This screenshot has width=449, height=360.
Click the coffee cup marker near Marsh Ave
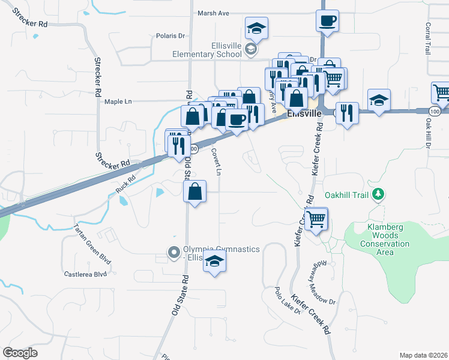coord(328,20)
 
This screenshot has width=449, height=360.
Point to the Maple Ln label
coord(118,101)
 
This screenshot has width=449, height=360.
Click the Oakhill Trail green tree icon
coord(378,194)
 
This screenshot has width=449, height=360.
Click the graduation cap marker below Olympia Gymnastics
coord(214,261)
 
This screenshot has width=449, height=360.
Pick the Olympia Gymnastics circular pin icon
coord(174,252)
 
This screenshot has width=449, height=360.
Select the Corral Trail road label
coord(428,39)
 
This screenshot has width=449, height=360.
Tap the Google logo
coord(20,353)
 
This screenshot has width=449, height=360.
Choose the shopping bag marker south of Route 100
coord(196,192)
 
